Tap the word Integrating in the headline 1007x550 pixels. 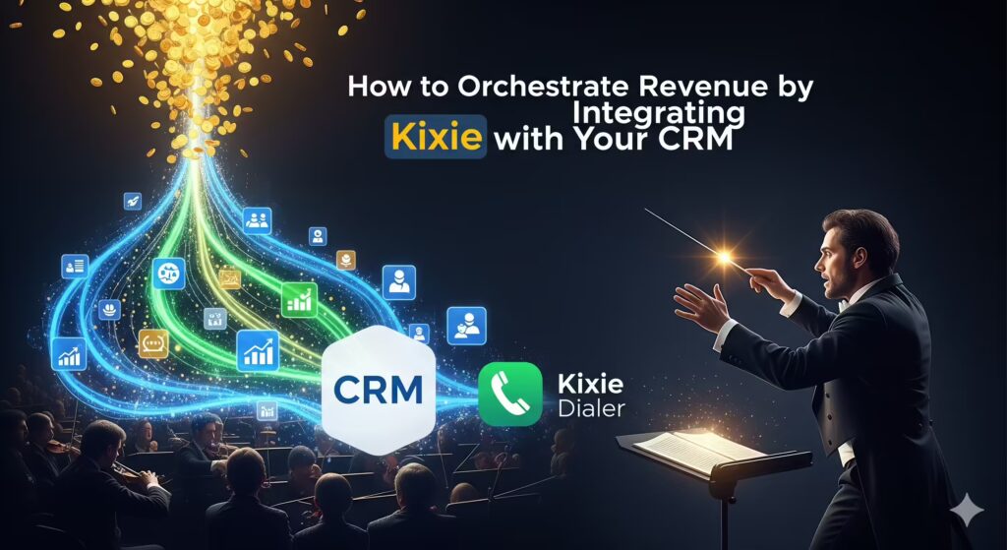tap(658, 114)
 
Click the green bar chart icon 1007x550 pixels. tap(299, 299)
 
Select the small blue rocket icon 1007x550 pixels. tap(133, 201)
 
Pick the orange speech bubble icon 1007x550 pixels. tap(152, 343)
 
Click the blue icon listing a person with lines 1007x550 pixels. tap(75, 267)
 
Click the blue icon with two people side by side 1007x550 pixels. tap(258, 220)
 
